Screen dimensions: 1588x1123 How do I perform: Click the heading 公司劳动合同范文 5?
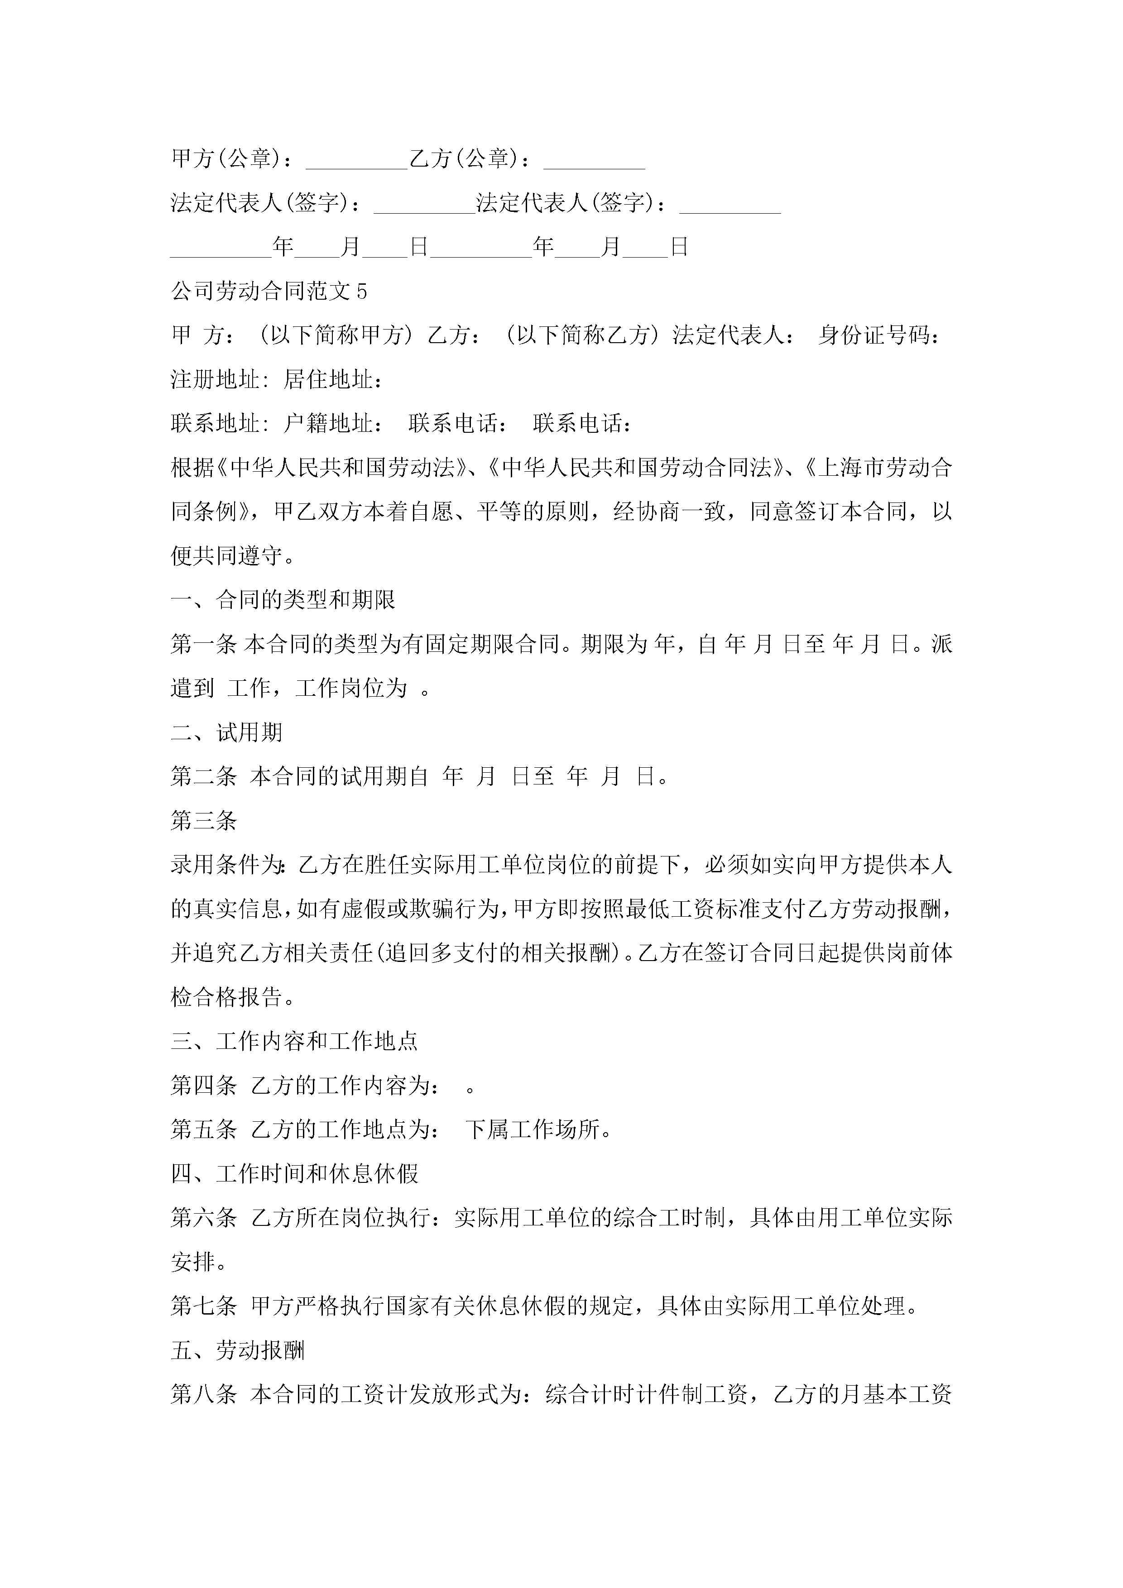[269, 291]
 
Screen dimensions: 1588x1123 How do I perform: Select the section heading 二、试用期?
[226, 732]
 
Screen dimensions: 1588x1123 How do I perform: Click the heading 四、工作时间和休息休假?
[294, 1174]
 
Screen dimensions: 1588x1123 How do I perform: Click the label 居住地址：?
[334, 380]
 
